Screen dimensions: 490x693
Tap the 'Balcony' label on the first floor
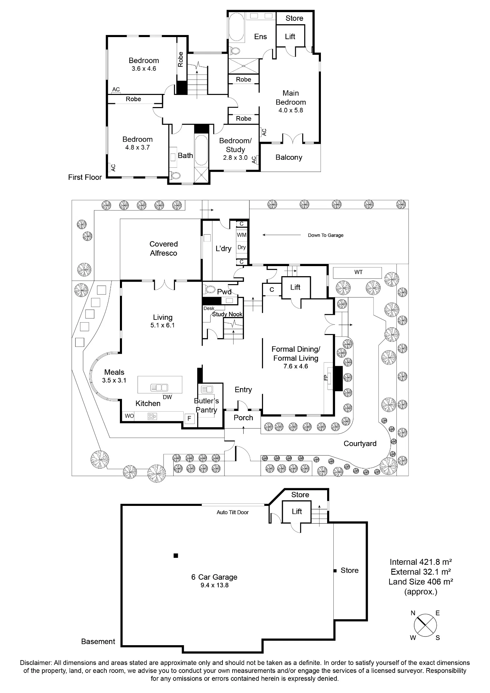[x=289, y=157]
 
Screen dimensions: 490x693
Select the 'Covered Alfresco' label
[x=164, y=248]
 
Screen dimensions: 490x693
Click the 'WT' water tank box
[x=357, y=272]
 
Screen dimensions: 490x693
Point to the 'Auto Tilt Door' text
[x=233, y=512]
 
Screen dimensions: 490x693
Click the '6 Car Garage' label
[x=214, y=577]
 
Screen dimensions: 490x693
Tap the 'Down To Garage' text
[x=326, y=235]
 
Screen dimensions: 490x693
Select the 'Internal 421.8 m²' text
[x=421, y=562]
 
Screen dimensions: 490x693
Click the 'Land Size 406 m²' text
[x=421, y=581]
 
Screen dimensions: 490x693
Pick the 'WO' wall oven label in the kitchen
[x=129, y=416]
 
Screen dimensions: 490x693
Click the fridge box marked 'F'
[x=189, y=419]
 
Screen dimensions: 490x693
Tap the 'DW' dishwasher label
[x=167, y=397]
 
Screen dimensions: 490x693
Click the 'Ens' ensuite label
[x=261, y=36]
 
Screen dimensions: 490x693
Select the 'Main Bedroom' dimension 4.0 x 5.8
[x=291, y=110]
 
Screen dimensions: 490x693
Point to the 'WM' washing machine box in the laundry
[x=242, y=235]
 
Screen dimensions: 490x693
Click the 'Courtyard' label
[x=360, y=444]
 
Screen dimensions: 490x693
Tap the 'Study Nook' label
[x=227, y=314]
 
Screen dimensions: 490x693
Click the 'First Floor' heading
[x=85, y=177]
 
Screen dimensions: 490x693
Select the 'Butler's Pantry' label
[x=207, y=405]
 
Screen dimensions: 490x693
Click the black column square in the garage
[x=176, y=556]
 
